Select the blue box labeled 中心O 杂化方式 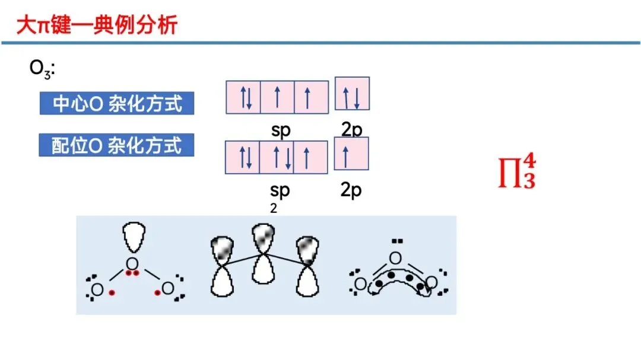[x=117, y=104]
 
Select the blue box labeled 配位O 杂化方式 [x=117, y=145]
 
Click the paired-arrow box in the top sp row [x=243, y=97]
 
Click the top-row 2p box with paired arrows [x=353, y=94]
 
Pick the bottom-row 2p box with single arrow [x=351, y=154]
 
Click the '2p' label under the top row [x=351, y=130]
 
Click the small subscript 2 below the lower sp [x=274, y=208]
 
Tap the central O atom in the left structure [x=132, y=263]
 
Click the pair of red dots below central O [x=133, y=273]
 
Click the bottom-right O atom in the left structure [x=168, y=289]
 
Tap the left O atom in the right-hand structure [x=360, y=284]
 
